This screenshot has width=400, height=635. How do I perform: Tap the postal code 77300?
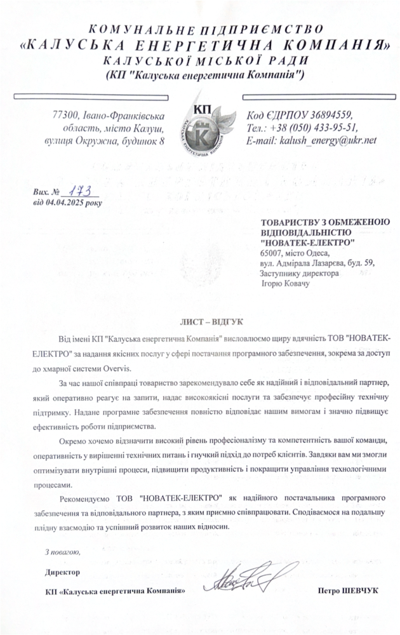(x=65, y=115)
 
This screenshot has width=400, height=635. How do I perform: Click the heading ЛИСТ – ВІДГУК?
(x=199, y=322)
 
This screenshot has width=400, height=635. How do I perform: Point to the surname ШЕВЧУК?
(x=359, y=591)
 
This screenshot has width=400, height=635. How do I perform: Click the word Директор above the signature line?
(x=63, y=572)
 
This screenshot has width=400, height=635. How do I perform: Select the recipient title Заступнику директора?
(x=299, y=274)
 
